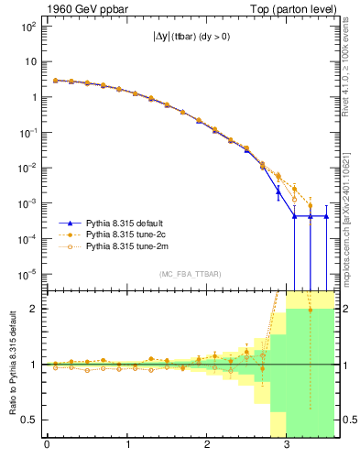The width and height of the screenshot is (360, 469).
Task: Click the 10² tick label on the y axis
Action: [x=27, y=27]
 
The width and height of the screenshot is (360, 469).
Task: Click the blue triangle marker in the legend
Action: [x=70, y=223]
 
